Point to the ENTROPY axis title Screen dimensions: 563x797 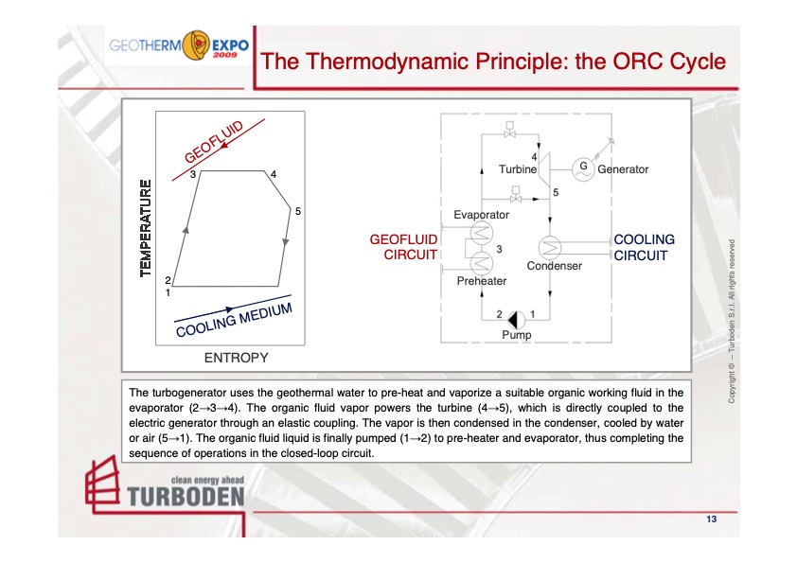click(236, 358)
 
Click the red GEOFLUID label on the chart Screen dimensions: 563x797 click(215, 143)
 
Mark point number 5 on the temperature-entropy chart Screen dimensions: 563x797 click(297, 211)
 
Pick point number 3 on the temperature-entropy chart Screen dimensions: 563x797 click(192, 175)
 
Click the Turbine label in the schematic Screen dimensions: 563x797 click(517, 169)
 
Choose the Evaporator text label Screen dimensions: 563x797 click(481, 215)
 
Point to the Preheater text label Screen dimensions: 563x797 click(481, 280)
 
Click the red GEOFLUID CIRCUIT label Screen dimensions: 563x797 click(403, 247)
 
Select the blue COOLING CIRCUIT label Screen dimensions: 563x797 click(645, 247)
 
